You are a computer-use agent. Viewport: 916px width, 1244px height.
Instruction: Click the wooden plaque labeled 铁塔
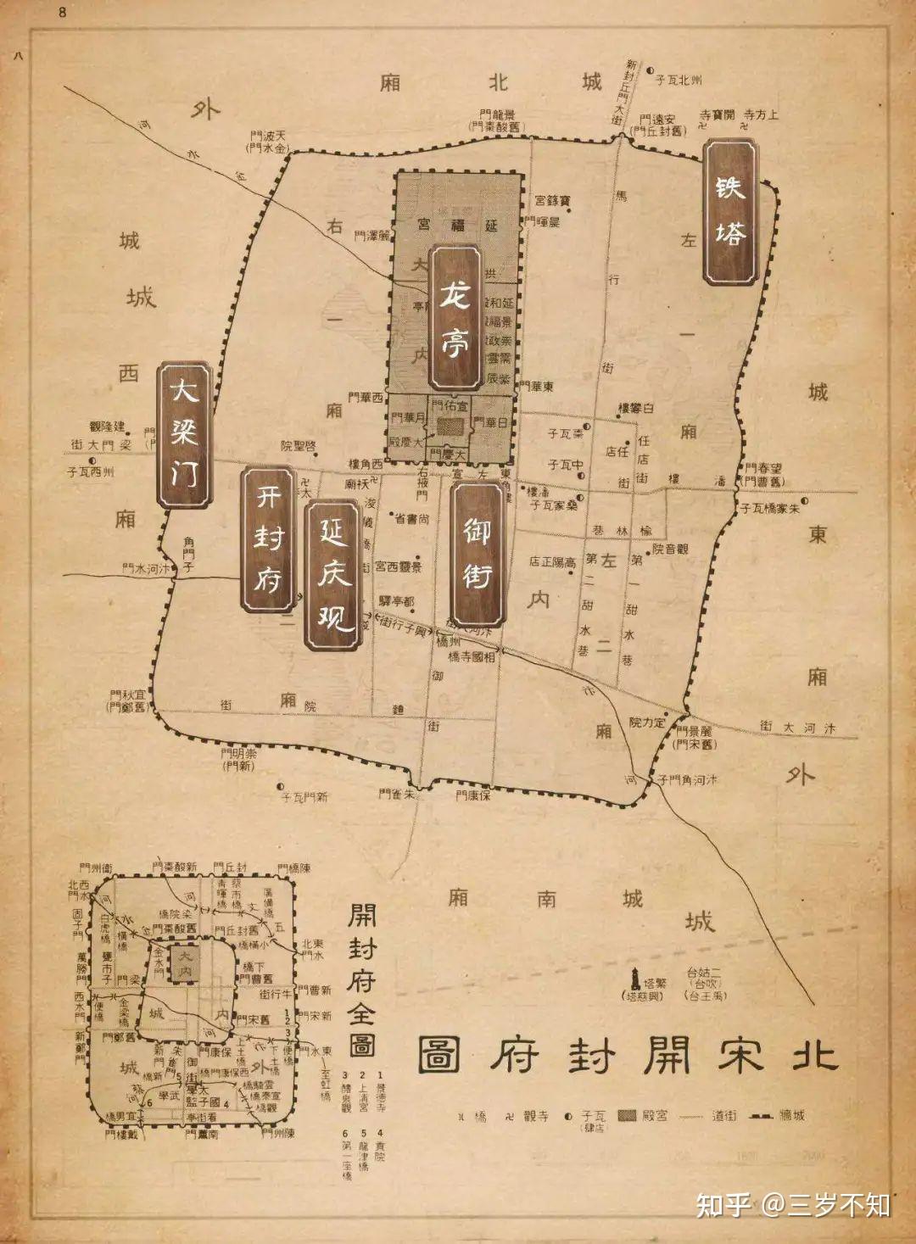730,212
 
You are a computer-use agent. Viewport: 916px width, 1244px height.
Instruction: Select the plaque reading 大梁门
184,435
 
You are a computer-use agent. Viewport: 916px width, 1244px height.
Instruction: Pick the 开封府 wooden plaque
269,538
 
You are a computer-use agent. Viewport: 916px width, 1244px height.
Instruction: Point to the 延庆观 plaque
333,576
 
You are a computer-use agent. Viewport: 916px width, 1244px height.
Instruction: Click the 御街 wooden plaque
478,554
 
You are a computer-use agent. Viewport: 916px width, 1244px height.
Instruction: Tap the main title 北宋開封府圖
628,1054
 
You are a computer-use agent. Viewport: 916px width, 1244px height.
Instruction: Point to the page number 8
62,13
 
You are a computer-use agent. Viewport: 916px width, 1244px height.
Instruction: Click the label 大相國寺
472,656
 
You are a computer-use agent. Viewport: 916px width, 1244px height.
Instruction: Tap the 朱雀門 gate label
397,795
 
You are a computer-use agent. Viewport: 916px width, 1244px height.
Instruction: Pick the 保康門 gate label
473,795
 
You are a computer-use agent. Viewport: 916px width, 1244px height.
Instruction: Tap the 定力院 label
647,722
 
